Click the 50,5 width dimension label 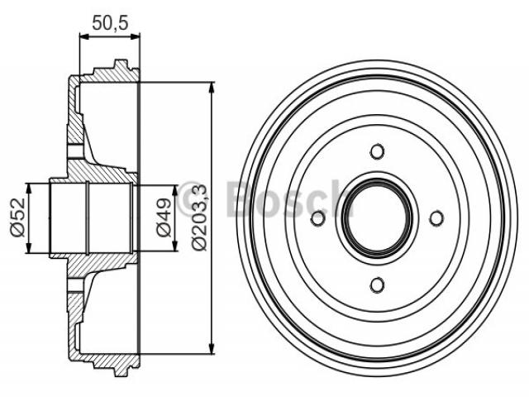(110, 22)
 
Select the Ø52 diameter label (18, 218)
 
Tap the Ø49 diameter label (164, 218)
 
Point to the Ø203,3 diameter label (199, 218)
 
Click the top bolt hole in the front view (377, 151)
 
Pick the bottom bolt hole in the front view (377, 285)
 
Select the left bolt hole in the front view (317, 218)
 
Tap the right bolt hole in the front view (436, 218)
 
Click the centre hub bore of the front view (377, 218)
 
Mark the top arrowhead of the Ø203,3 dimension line (212, 88)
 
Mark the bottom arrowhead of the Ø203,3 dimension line (212, 348)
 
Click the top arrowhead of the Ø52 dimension (29, 189)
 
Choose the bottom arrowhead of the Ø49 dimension (174, 246)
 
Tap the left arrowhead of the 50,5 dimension (84, 36)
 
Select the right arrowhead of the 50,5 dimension (135, 36)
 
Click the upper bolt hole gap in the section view (75, 151)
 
